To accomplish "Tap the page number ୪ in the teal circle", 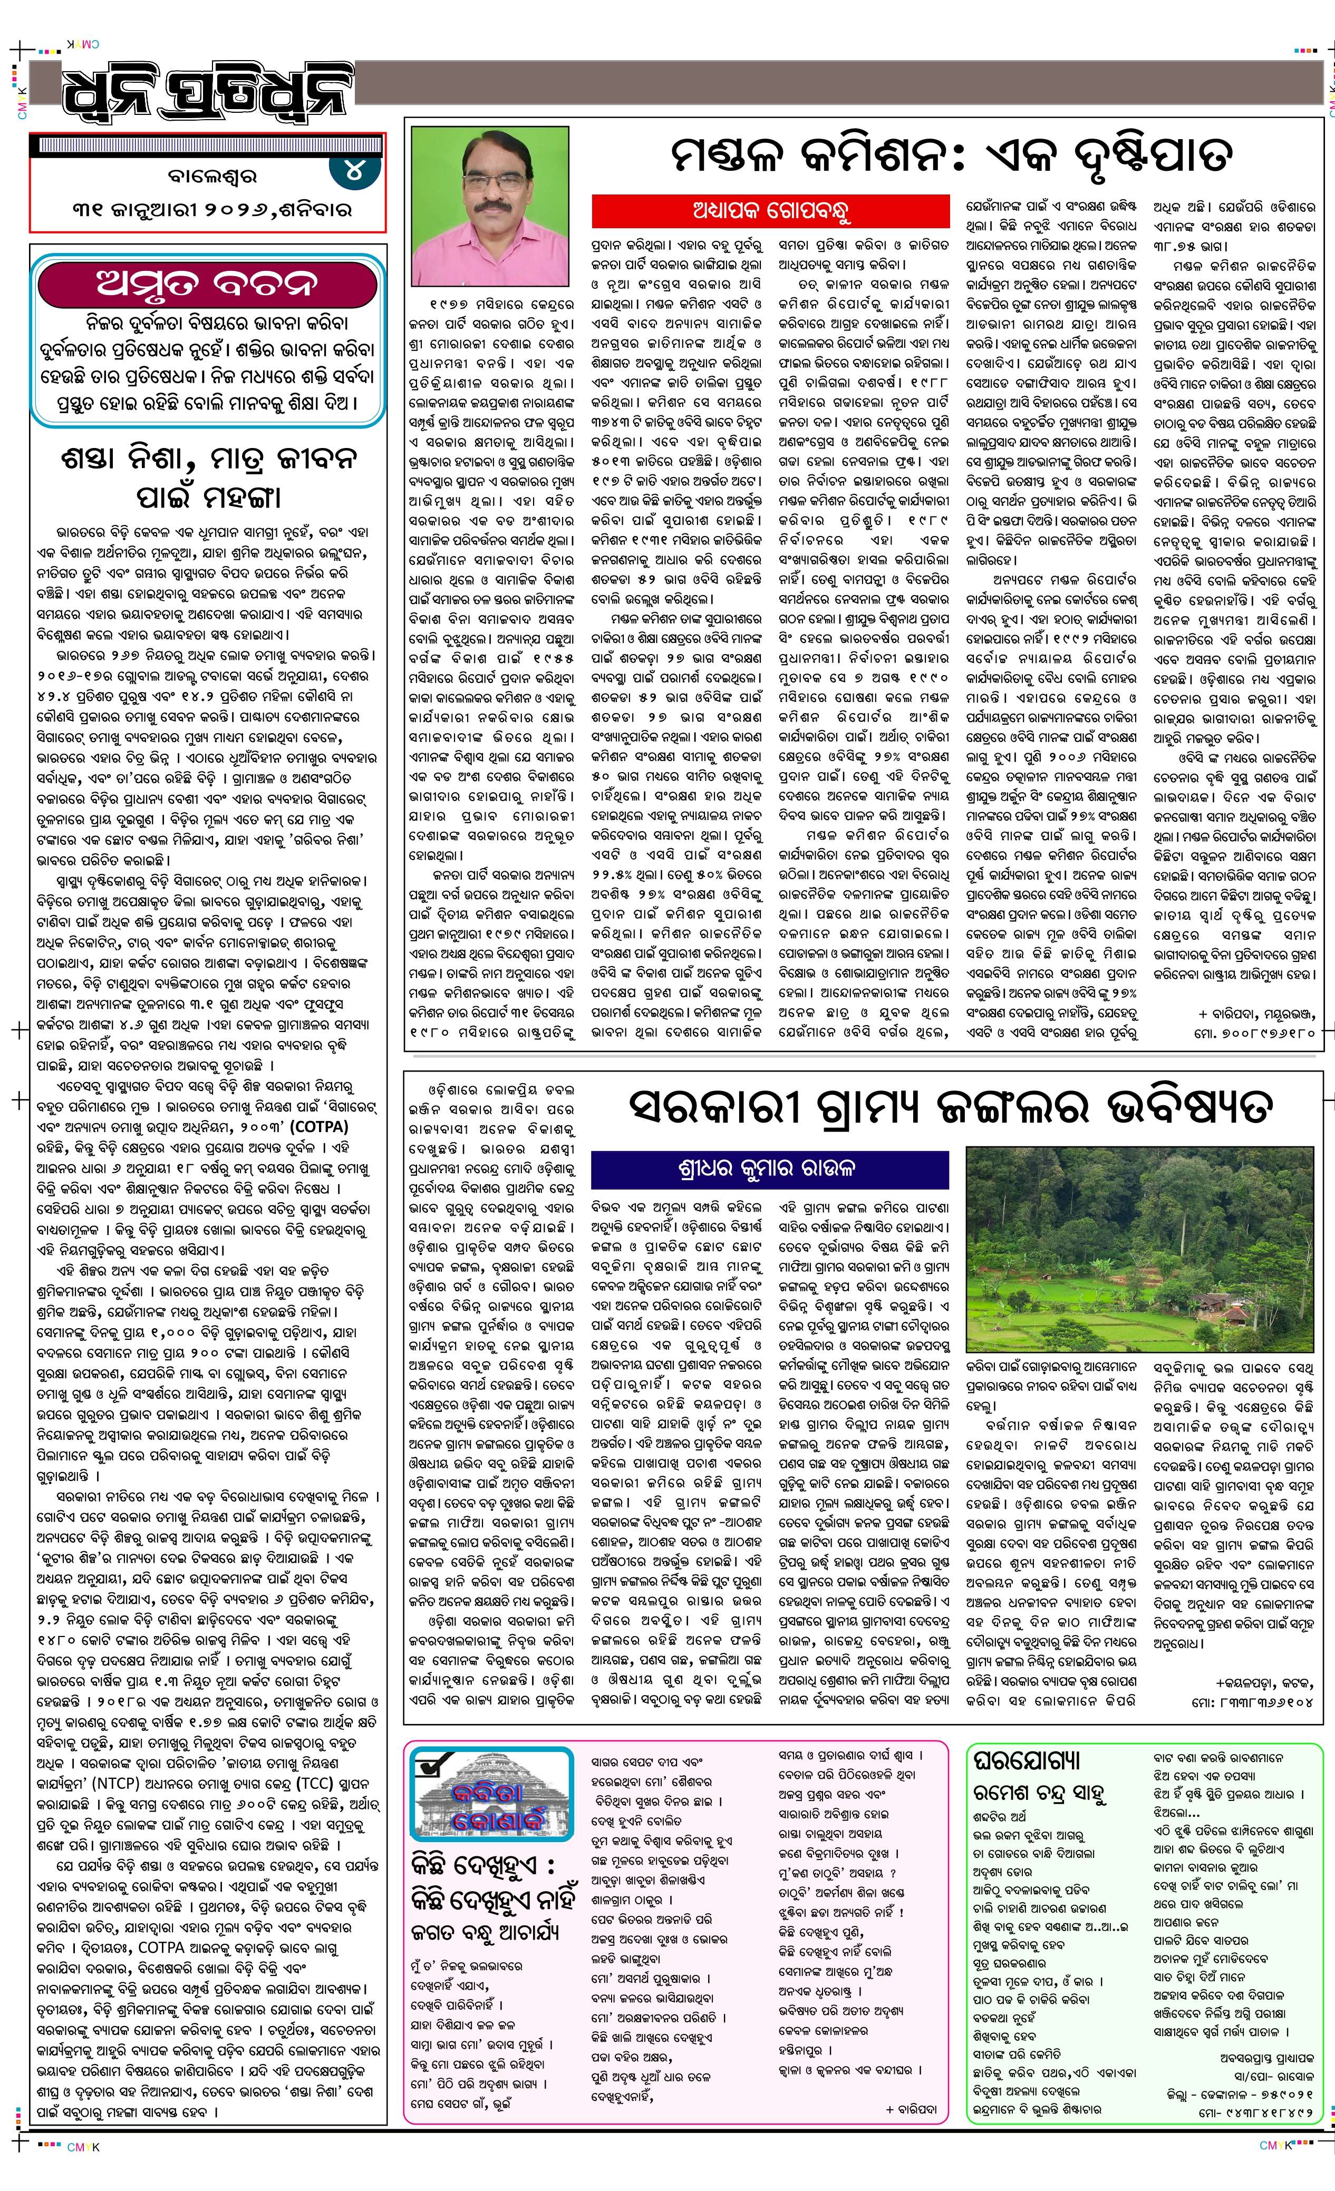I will (354, 169).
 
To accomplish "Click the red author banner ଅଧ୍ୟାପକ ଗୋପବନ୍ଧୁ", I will (770, 211).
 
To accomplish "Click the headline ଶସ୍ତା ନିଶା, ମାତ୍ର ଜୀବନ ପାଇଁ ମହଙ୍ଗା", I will (209, 476).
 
